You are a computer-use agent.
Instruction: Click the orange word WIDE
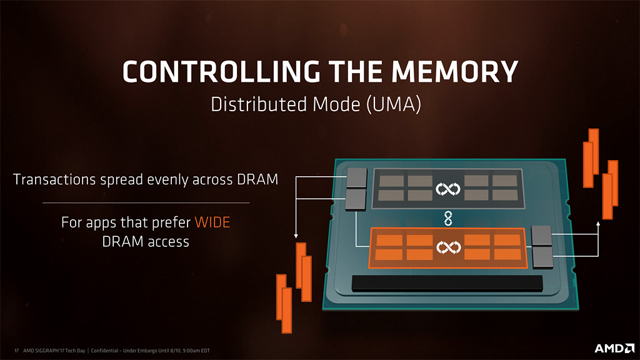[x=217, y=222]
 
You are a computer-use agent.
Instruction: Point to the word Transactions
[x=54, y=180]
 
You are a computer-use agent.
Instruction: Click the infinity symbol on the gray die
[x=447, y=188]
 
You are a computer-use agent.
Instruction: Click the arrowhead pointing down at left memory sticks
[x=294, y=237]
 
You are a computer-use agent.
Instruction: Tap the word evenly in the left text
[x=171, y=180]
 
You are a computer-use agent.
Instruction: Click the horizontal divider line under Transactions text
[x=146, y=202]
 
